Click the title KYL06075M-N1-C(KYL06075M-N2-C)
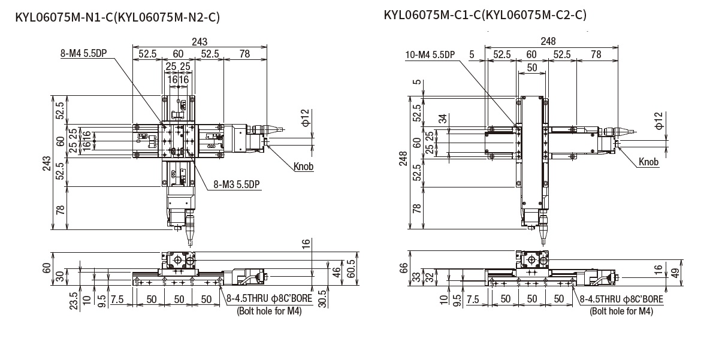117,17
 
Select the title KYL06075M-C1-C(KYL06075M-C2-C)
485,14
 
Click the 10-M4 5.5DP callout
430,55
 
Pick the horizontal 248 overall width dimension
548,41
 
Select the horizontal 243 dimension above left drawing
200,41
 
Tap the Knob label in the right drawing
648,162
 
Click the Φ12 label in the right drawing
658,120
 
